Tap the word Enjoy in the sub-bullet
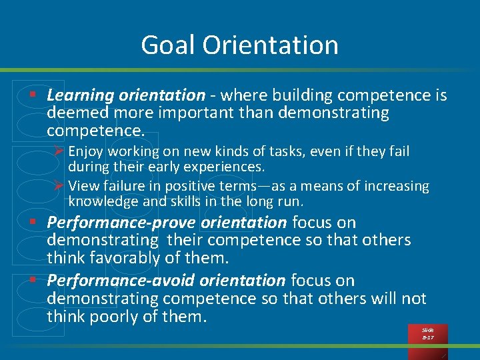pos(85,152)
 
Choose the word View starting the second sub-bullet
pos(83,187)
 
